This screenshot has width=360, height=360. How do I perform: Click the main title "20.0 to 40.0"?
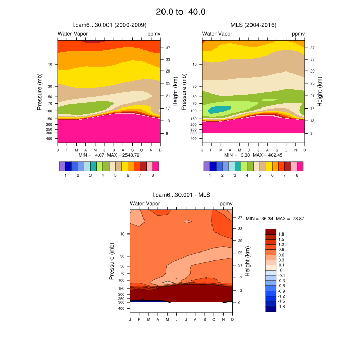[180, 11]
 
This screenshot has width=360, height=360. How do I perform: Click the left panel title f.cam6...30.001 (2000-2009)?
[109, 25]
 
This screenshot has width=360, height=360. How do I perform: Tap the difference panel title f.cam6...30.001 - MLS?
[181, 195]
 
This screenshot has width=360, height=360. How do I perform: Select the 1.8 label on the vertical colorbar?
[281, 234]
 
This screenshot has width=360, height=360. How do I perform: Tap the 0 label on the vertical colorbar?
[280, 270]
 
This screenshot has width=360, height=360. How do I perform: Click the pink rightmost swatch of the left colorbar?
[156, 166]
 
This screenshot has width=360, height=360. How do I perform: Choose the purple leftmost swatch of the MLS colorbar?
[207, 166]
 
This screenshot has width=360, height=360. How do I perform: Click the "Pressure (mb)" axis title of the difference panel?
[112, 262]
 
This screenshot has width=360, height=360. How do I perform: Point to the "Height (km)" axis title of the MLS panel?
[320, 92]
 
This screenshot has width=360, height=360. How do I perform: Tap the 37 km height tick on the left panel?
[168, 48]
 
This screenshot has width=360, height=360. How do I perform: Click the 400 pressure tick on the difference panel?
[122, 309]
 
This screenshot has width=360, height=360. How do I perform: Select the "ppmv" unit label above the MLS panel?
[298, 34]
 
